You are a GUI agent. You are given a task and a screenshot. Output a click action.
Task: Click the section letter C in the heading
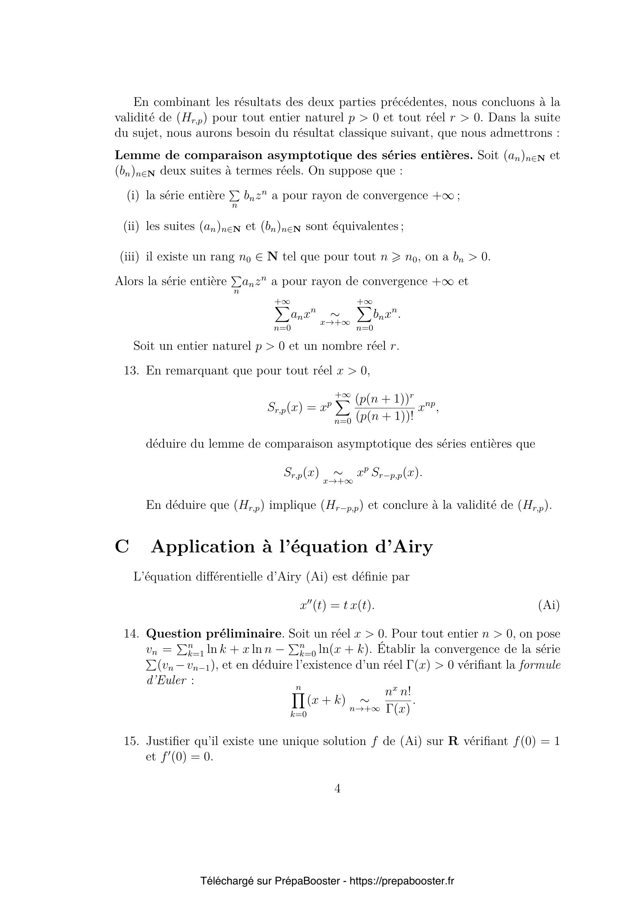122,547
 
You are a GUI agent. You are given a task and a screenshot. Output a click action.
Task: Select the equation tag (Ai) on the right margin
549,605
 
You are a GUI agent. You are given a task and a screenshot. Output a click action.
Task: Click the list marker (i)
133,195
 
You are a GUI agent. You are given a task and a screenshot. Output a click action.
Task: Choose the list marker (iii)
129,257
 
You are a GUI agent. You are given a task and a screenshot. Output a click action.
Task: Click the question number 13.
131,371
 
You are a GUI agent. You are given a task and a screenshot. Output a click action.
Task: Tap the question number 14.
131,634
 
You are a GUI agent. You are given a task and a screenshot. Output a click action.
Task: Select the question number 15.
131,741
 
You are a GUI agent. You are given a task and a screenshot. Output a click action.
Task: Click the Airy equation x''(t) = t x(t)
337,605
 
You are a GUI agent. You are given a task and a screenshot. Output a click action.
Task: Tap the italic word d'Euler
166,680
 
